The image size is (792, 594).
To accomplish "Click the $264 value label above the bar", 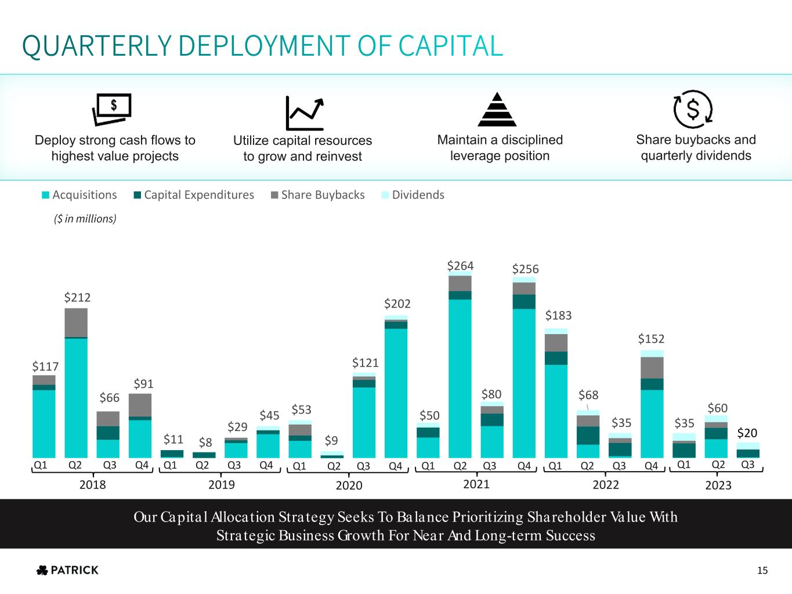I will click(x=460, y=266).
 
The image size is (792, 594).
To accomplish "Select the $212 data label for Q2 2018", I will click(x=77, y=298).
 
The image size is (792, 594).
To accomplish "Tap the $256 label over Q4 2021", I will click(x=525, y=269).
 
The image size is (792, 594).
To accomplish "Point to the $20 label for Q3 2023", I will click(x=747, y=433).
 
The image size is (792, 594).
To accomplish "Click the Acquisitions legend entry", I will click(x=79, y=195).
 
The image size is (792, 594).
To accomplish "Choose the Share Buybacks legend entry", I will click(x=317, y=195).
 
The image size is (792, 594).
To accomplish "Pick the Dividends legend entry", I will click(x=413, y=195).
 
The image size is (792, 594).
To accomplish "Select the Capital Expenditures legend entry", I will click(x=194, y=195).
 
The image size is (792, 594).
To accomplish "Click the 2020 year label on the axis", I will click(x=349, y=485).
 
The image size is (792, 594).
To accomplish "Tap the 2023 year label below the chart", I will click(x=718, y=485).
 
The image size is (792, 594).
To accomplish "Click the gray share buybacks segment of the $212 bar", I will click(x=76, y=323).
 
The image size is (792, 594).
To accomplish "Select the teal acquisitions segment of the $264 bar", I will click(x=460, y=377).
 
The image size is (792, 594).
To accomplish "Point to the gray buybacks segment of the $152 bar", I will click(x=652, y=368).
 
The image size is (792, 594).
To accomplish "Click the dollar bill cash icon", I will click(x=112, y=110).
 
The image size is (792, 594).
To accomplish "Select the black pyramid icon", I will click(x=497, y=110).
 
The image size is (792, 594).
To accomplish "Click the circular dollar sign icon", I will click(x=693, y=109).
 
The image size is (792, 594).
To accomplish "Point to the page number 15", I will click(x=762, y=571).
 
